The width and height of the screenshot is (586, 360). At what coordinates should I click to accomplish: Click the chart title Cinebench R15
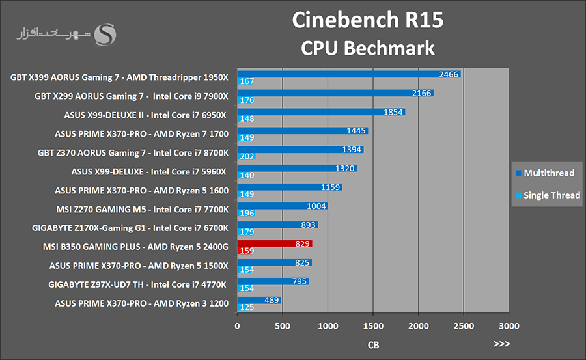(x=367, y=20)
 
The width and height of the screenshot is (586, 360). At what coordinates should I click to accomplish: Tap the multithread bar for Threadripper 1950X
(x=348, y=74)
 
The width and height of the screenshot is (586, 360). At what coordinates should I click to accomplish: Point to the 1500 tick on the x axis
(x=373, y=326)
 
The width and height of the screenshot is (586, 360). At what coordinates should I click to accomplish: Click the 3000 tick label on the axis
(x=509, y=326)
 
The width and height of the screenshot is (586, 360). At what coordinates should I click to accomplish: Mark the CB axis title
(x=373, y=344)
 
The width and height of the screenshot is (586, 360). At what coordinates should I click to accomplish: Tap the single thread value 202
(x=247, y=156)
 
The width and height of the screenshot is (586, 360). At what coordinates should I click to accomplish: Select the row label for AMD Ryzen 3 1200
(x=141, y=303)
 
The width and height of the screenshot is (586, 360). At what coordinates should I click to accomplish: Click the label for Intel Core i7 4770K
(x=137, y=284)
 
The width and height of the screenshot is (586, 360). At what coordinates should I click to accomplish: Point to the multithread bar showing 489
(x=259, y=300)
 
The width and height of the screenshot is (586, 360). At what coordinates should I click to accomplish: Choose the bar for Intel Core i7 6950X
(x=321, y=112)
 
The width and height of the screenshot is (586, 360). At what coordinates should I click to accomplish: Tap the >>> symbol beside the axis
(x=501, y=344)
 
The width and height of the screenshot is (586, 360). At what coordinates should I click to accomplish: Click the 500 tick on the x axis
(x=283, y=326)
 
